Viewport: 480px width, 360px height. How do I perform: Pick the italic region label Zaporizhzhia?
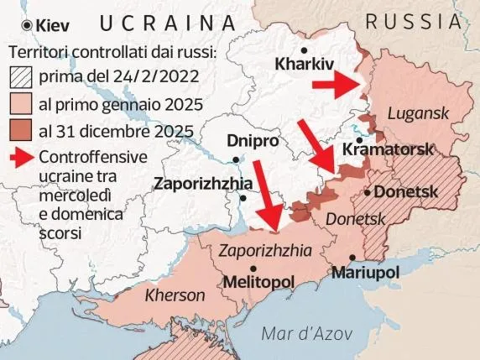[264, 250]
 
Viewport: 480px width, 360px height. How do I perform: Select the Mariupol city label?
[365, 274]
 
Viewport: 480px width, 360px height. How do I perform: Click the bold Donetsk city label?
[406, 192]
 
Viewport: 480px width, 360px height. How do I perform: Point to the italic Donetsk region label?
[353, 218]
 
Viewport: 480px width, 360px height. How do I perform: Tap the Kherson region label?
[175, 295]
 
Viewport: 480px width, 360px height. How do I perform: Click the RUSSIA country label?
[419, 21]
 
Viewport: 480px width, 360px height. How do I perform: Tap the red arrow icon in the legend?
[20, 157]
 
